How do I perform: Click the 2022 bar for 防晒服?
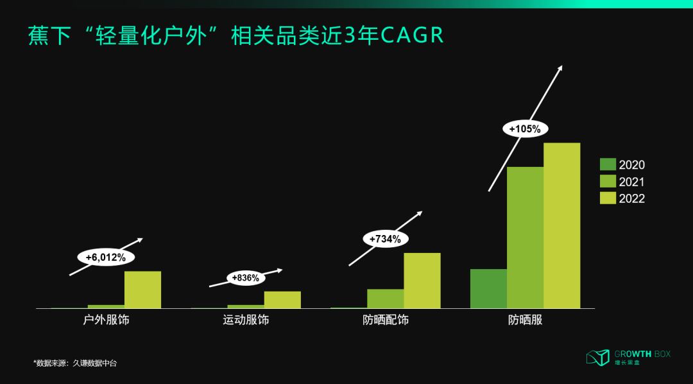(561, 225)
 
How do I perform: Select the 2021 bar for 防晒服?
(525, 238)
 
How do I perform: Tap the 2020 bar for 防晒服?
(488, 288)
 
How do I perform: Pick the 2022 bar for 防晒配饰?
(422, 281)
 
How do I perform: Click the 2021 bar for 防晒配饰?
(385, 299)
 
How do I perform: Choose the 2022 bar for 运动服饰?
(282, 300)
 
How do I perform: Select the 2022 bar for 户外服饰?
(142, 290)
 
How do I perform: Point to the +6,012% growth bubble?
(106, 257)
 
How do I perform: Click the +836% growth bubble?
(246, 278)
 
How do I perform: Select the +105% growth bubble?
(525, 128)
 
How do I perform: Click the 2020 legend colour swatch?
(608, 164)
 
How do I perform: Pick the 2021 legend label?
(631, 182)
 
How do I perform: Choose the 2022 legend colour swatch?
(608, 198)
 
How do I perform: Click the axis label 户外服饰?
(107, 319)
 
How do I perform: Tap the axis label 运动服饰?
(246, 319)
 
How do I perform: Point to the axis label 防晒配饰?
(385, 319)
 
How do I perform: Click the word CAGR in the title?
(412, 35)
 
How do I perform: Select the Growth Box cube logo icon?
(597, 357)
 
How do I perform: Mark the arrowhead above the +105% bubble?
(560, 67)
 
